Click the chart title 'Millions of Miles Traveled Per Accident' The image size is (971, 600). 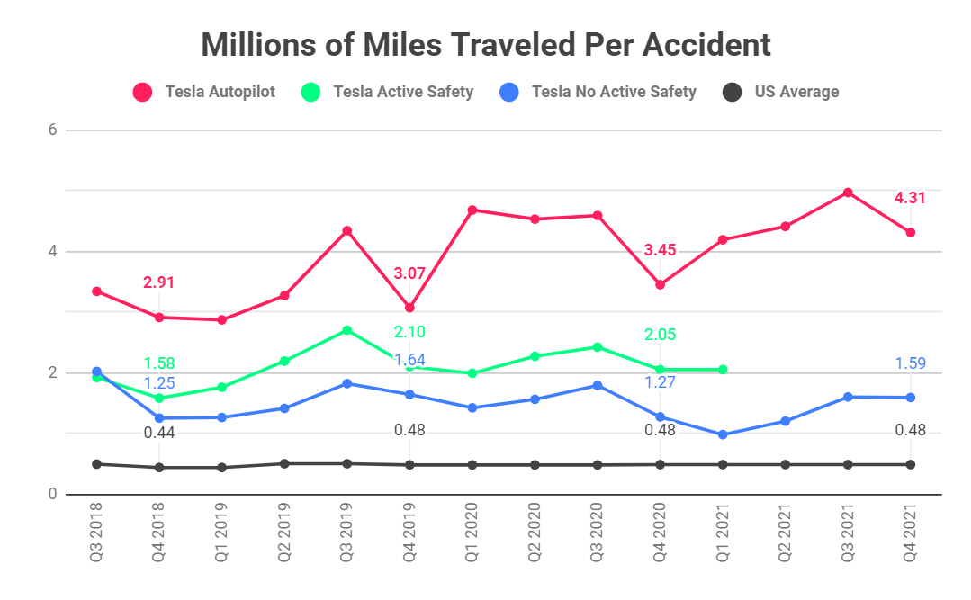click(486, 44)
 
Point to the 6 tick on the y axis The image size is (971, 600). click(52, 130)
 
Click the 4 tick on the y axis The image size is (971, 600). click(52, 251)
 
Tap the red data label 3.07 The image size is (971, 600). click(409, 273)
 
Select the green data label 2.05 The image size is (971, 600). click(660, 335)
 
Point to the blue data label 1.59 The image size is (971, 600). click(910, 364)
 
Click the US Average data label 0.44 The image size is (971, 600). click(159, 433)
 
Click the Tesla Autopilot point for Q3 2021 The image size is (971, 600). click(848, 193)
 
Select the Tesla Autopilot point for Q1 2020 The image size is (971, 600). click(472, 210)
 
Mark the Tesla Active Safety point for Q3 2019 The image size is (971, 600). click(346, 330)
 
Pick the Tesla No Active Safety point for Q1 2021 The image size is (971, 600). click(723, 434)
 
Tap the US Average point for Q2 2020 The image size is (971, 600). click(535, 465)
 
